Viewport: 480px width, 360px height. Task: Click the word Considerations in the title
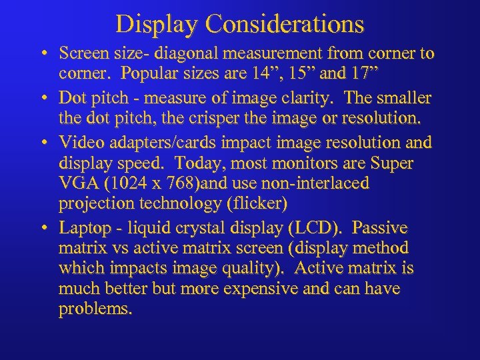point(285,24)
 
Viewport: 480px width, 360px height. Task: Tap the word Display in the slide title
point(158,24)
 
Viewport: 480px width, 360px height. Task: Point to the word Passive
point(380,228)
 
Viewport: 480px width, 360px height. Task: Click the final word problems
point(95,310)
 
